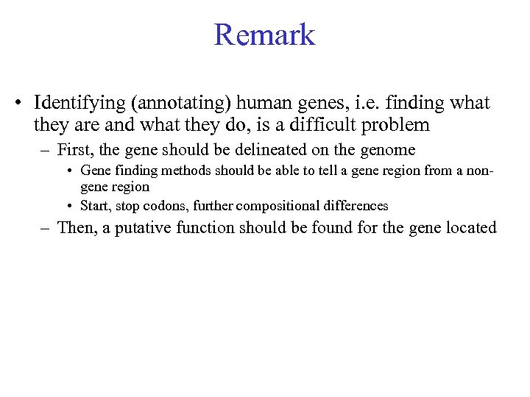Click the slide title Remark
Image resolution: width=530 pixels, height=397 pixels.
coord(264,35)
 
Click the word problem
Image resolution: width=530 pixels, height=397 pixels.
coord(397,126)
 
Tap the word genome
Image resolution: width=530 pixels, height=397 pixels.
coord(386,151)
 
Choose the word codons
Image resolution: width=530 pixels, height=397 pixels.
coord(162,205)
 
